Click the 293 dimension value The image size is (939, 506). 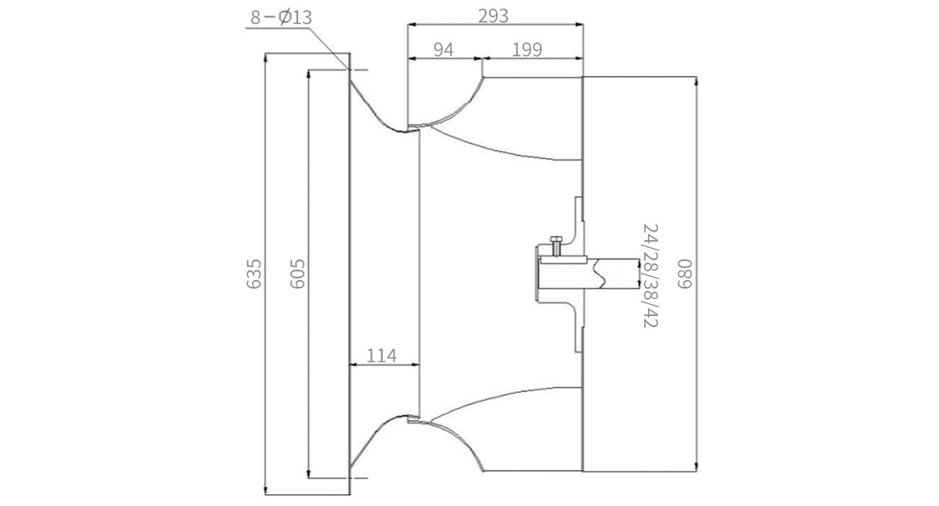[x=493, y=16]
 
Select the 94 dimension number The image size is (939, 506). [x=443, y=50]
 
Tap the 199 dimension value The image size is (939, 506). [x=527, y=50]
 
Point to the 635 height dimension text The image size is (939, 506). [x=254, y=274]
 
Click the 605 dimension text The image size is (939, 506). [x=297, y=274]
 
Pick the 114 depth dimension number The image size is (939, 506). [x=381, y=356]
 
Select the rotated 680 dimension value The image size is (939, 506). [x=685, y=274]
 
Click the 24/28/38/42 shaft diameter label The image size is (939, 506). [x=650, y=275]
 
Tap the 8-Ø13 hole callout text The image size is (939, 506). [x=281, y=17]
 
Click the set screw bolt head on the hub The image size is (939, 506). [x=556, y=239]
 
